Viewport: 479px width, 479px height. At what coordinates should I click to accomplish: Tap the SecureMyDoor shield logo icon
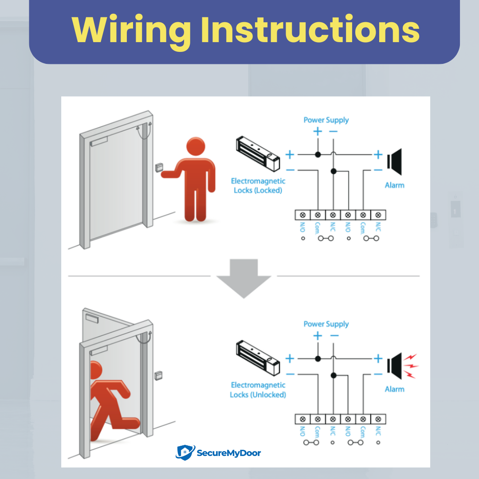(x=185, y=452)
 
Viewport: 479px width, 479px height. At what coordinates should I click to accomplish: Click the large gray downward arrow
(x=243, y=278)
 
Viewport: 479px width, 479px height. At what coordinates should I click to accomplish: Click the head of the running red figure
(x=95, y=371)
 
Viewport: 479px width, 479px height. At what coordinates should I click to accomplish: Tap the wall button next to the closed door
(x=159, y=168)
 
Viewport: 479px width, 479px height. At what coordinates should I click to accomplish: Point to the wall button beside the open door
(x=157, y=375)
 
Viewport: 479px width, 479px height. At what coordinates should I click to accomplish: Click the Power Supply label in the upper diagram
(x=326, y=120)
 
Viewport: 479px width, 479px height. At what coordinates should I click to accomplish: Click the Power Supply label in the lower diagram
(x=326, y=324)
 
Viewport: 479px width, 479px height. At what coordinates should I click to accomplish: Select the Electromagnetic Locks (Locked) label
(x=258, y=186)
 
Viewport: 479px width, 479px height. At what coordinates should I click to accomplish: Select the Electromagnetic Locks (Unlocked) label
(x=258, y=390)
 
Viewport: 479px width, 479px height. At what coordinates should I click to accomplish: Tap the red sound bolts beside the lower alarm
(x=412, y=365)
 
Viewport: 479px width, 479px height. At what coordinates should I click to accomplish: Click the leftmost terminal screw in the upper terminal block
(x=302, y=215)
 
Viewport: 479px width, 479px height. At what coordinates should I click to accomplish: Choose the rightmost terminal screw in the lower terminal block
(x=378, y=419)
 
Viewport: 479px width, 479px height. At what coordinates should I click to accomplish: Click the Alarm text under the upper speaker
(x=394, y=185)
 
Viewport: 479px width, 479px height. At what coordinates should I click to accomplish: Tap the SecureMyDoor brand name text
(x=228, y=453)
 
